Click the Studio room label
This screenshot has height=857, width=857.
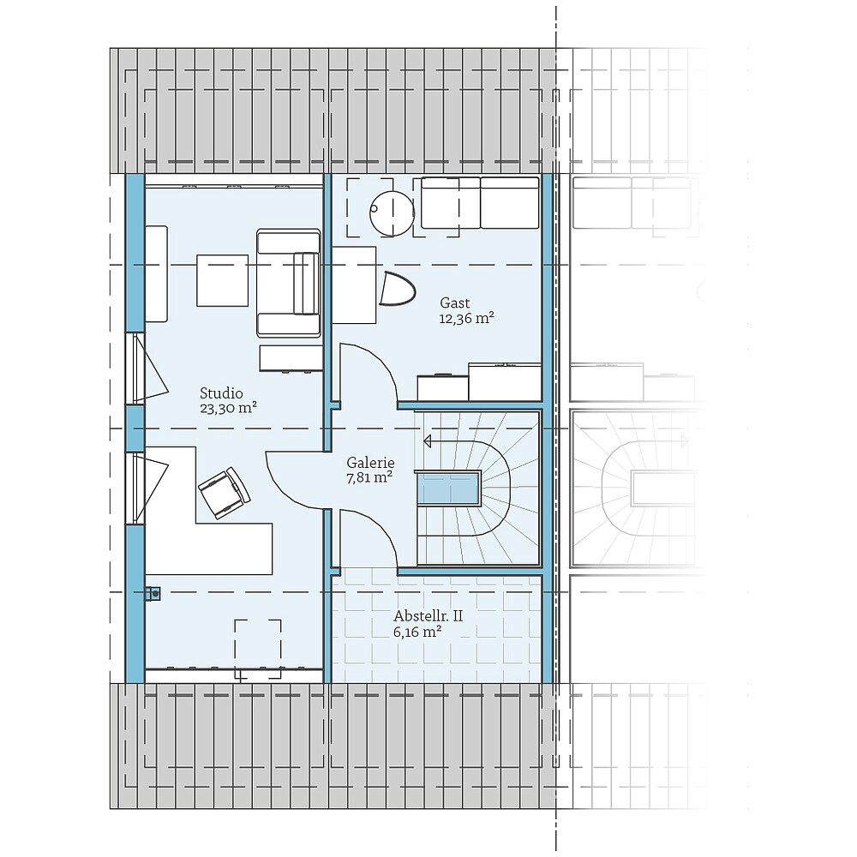coord(221,393)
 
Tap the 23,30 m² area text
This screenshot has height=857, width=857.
coord(229,408)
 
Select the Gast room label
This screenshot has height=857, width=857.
coord(454,303)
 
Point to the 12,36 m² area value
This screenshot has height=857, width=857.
coord(466,318)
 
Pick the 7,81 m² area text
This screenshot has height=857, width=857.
coord(369,477)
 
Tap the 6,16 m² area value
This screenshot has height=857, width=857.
coord(417,632)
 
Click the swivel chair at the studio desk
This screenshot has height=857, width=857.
coord(224,492)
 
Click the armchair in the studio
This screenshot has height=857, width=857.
coord(288,283)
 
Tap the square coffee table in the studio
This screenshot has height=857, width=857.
coord(222,280)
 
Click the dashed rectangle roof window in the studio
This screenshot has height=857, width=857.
coord(258,649)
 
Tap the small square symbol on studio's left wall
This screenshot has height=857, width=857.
coord(153,591)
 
